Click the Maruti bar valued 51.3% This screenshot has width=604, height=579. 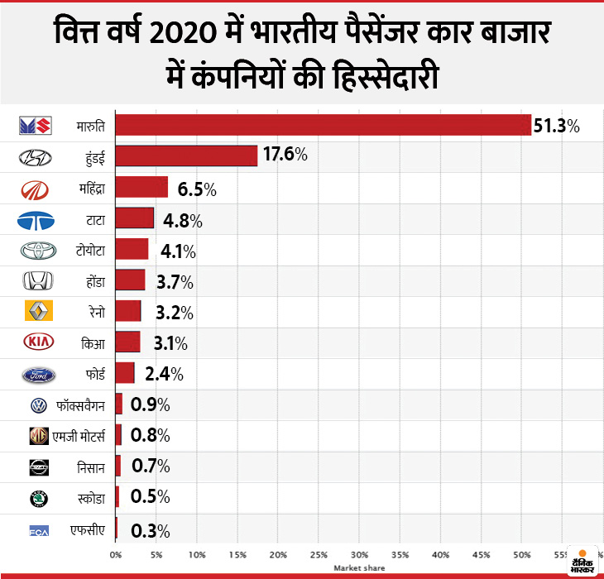[x=323, y=125]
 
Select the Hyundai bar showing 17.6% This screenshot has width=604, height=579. [x=186, y=156]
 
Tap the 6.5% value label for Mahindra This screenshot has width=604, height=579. [x=197, y=189]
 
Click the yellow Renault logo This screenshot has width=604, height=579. [x=37, y=312]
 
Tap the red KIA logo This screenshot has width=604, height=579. [x=37, y=342]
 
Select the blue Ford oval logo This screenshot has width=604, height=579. [x=37, y=374]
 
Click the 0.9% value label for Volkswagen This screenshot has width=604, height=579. [x=150, y=404]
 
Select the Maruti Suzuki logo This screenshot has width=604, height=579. [x=37, y=126]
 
